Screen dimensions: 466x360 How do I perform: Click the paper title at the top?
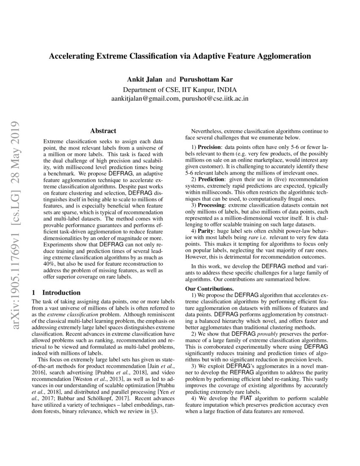pos(180,56)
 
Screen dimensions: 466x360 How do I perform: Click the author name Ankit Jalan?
pos(142,79)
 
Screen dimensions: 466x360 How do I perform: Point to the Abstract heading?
pos(103,131)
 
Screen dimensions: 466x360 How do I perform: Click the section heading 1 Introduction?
pos(56,293)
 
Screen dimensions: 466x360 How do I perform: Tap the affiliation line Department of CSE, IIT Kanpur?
pos(180,90)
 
